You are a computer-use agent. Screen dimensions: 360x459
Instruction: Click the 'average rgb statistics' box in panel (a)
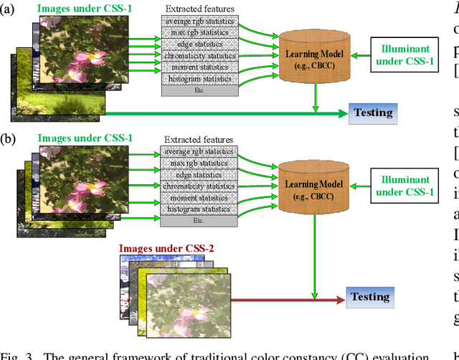(199, 20)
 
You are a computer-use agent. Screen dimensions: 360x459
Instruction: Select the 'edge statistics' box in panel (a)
(199, 44)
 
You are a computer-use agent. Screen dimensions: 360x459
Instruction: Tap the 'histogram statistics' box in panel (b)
(199, 209)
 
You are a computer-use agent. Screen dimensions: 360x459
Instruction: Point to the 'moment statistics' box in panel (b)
(199, 198)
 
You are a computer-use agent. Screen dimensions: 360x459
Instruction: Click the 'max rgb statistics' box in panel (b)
(199, 163)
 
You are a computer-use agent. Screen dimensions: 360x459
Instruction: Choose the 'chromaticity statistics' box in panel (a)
(199, 55)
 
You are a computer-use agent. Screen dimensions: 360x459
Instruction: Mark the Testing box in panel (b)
(371, 297)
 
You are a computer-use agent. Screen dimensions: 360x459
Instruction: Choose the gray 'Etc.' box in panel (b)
(199, 222)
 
